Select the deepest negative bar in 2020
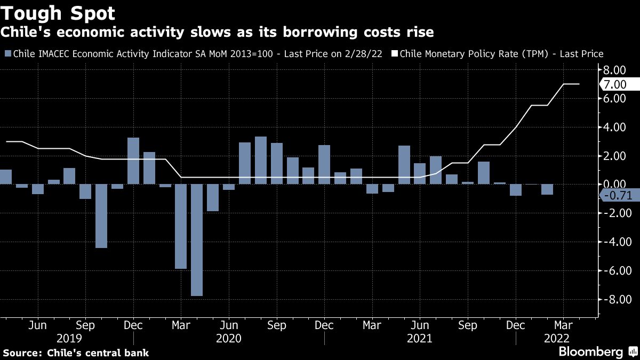[197, 240]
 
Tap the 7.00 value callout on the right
[619, 84]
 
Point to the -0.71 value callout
[619, 195]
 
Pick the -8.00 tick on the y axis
[613, 300]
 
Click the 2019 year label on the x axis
[69, 338]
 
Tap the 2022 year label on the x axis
[556, 338]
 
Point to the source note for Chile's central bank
[76, 353]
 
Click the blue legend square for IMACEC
[7, 54]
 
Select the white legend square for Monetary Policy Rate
[395, 54]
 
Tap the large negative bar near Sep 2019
[101, 216]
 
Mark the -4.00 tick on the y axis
[613, 242]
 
